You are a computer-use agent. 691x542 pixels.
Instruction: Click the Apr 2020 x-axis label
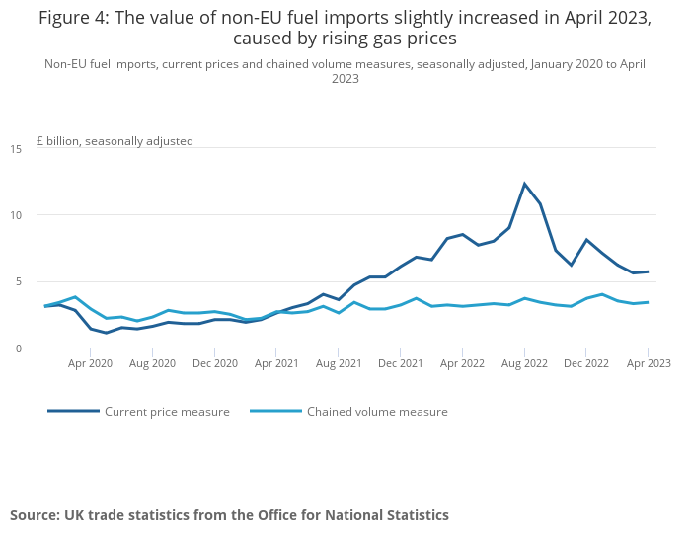coord(90,363)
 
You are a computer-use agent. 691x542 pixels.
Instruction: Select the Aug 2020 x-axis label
coord(152,363)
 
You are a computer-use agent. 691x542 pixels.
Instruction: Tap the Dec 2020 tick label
coord(214,363)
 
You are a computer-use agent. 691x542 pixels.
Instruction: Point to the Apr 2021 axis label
coord(276,363)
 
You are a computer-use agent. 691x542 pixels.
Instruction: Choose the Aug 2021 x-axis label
coord(339,363)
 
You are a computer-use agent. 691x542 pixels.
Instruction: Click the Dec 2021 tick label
coord(400,363)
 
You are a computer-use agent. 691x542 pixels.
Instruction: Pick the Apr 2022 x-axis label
coord(462,363)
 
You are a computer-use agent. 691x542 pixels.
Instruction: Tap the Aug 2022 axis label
coord(524,363)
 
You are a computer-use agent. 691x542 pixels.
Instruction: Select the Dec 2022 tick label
coord(586,363)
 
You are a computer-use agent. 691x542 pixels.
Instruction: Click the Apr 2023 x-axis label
coord(648,363)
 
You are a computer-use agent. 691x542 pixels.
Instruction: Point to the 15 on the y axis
coord(16,149)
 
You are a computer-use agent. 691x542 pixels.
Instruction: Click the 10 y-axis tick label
coord(16,215)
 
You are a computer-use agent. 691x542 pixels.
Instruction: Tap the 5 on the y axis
coord(18,281)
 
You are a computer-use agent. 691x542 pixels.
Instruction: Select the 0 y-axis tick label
coord(18,348)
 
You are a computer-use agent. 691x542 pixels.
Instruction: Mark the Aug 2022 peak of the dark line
coord(525,184)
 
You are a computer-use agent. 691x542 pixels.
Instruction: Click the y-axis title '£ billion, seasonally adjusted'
coord(115,141)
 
